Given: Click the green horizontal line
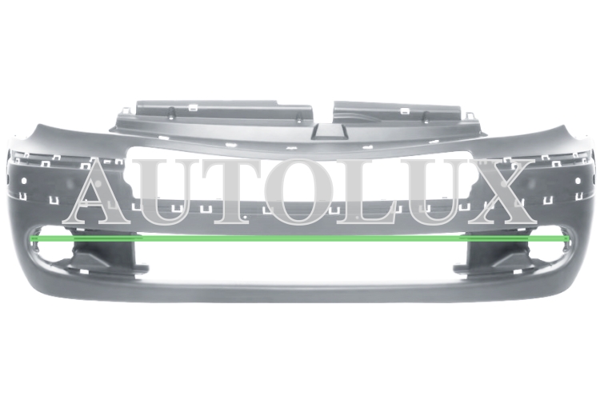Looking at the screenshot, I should point(300,238).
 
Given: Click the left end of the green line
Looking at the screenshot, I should point(30,238).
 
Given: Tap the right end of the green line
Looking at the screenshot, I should point(569,238).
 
